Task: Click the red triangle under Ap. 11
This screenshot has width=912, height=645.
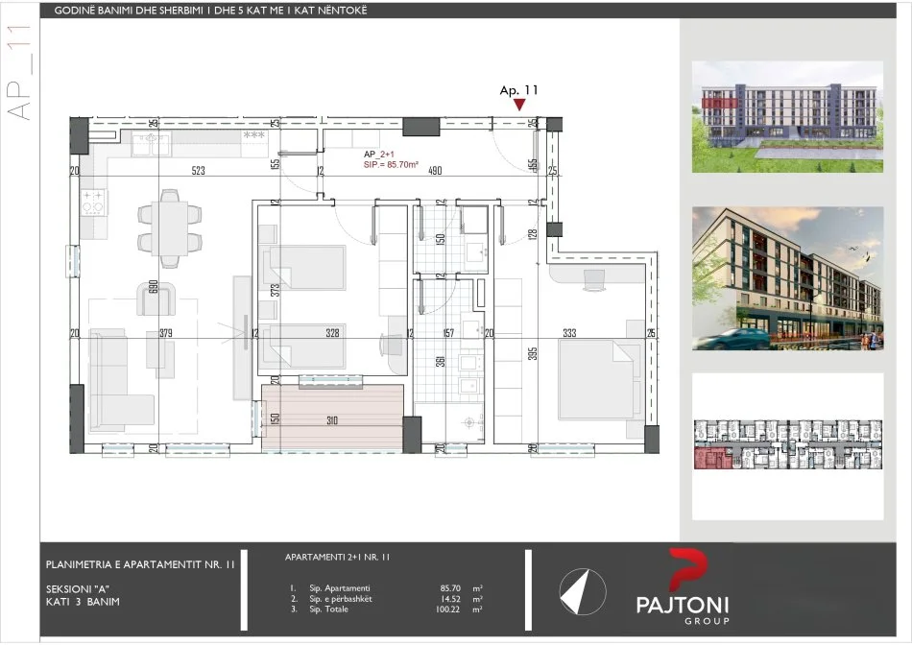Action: [x=518, y=105]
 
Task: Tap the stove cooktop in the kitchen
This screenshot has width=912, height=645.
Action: [x=94, y=203]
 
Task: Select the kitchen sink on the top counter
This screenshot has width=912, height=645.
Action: [x=152, y=143]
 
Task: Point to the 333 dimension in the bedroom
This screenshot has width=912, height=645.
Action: [x=570, y=334]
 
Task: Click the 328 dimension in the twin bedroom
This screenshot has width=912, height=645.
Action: [x=333, y=334]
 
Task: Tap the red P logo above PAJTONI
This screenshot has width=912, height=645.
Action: [x=684, y=572]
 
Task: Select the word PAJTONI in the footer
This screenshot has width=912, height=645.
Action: [x=683, y=605]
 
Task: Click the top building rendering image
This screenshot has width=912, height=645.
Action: [x=787, y=116]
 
